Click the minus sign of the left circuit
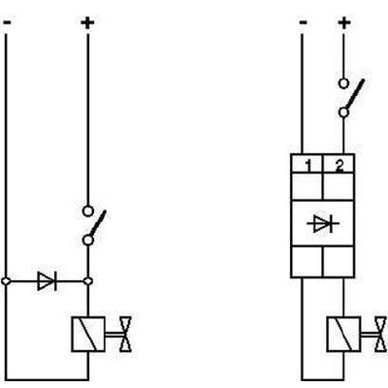tap(8, 22)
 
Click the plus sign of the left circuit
tap(87, 23)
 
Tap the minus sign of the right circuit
tap(303, 22)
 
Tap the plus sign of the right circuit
tap(344, 23)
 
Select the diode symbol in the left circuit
tap(48, 281)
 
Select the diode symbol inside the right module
tap(323, 223)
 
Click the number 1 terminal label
tap(308, 166)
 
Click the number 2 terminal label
tap(339, 166)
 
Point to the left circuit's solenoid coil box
tap(88, 334)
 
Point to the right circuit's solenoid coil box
tap(343, 334)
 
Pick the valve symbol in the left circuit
tap(126, 334)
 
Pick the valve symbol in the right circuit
tap(381, 334)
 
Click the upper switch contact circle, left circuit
tap(88, 211)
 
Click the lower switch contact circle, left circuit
tap(88, 241)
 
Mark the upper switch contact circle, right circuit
tap(343, 83)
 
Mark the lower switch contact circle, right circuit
tap(343, 113)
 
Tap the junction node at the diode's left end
tap(6, 281)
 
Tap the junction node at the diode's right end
tap(88, 281)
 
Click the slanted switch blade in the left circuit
tap(98, 223)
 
